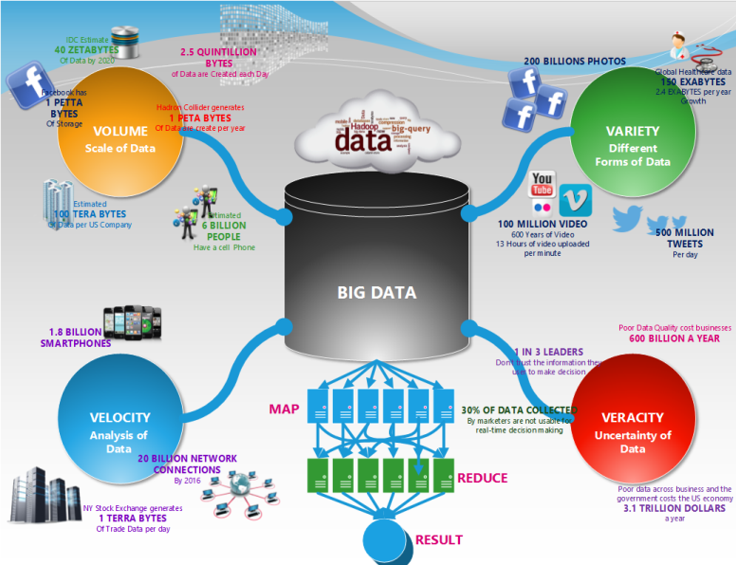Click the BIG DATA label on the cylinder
pos(377,292)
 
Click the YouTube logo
pos(543,182)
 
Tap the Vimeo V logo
pos(574,200)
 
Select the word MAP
pos(284,409)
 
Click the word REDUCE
pos(483,478)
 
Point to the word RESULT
pos(439,539)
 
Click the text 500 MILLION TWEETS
pos(685,238)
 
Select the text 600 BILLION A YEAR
pos(674,338)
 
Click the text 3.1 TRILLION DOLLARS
pos(674,509)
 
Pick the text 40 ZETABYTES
pos(86,50)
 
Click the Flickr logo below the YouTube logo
pos(542,205)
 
